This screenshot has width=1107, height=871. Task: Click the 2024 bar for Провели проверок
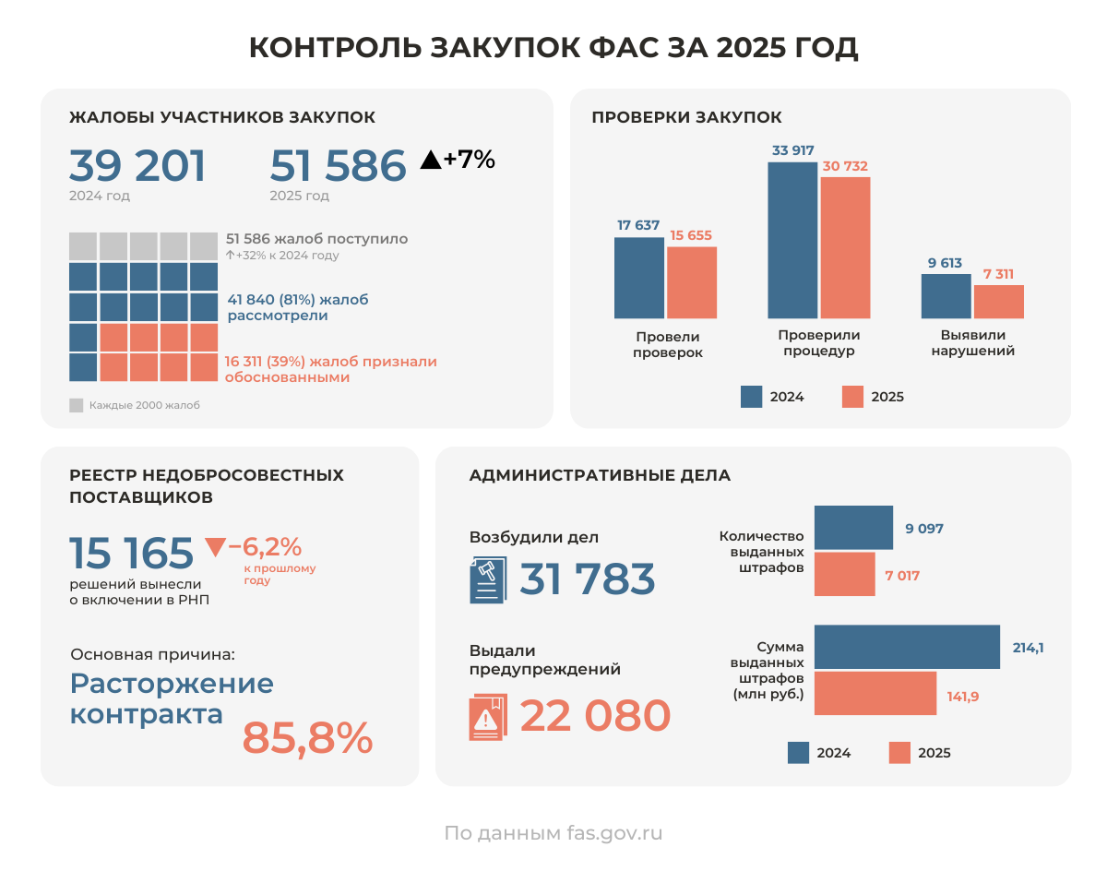pos(638,278)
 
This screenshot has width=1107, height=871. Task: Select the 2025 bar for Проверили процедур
pos(845,247)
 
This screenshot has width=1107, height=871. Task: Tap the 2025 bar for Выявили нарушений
pos(998,302)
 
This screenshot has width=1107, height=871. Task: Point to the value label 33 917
pos(792,150)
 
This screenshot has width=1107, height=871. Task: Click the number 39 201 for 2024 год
pos(137,166)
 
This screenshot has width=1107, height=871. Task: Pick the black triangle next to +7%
pos(430,160)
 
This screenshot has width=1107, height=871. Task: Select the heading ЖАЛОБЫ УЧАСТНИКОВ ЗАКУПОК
pos(222,117)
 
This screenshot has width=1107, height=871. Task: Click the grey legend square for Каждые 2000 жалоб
pos(77,405)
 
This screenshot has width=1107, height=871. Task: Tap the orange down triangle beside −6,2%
pos(215,547)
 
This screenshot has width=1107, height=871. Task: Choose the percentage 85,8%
pos(307,737)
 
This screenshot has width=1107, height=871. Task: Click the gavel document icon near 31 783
pos(487,580)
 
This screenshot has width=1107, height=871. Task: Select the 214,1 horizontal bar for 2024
pos(907,647)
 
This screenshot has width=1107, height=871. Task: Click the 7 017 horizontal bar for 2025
pos(844,575)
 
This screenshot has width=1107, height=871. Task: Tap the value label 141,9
pos(962,697)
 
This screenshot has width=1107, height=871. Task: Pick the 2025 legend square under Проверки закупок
pos(852,397)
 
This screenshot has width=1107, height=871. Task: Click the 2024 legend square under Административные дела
pos(799,753)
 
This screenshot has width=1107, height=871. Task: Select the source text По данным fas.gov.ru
pos(553,833)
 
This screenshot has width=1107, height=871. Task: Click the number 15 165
pos(132,554)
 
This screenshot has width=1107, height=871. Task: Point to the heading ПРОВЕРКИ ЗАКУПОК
pos(686,117)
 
